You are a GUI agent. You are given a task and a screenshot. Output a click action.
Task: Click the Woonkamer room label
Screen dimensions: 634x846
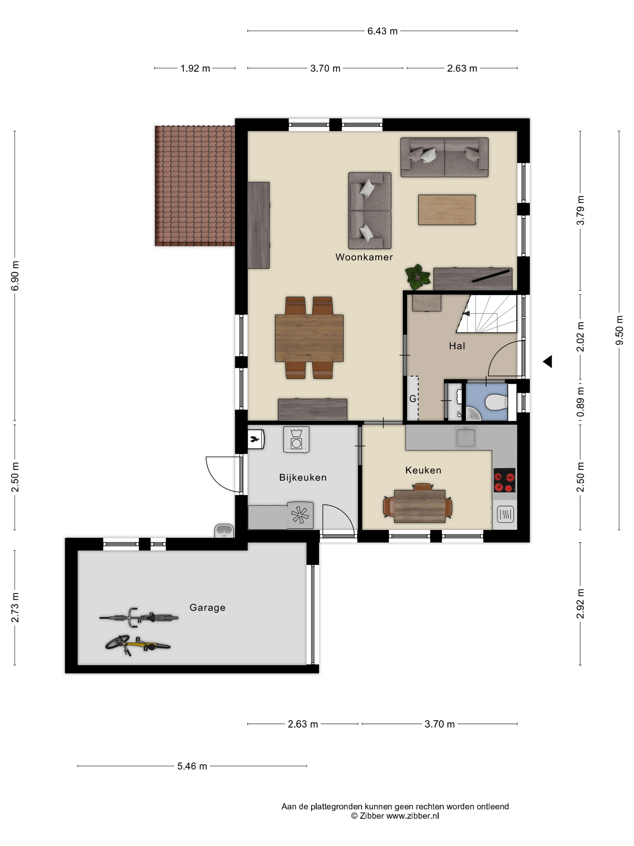coord(364,257)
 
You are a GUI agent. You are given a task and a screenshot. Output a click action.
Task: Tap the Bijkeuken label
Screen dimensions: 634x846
coord(303,477)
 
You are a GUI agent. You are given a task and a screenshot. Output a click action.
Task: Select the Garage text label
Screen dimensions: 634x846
coord(207,607)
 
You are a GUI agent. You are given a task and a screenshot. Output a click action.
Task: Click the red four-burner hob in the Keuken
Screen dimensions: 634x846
coord(504,480)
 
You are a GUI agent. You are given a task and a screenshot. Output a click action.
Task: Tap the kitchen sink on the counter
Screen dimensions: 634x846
coord(466,437)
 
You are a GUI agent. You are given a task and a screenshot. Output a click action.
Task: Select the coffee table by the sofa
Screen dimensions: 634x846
coord(447,210)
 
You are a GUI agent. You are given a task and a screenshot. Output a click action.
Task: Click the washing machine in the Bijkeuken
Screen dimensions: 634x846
coord(296,440)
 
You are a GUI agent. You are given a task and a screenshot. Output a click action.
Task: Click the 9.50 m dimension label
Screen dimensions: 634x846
coord(619,330)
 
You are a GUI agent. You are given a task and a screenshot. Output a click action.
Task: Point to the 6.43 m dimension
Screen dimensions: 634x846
coord(382,31)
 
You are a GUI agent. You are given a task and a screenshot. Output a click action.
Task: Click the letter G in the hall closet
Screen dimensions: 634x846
coord(413,399)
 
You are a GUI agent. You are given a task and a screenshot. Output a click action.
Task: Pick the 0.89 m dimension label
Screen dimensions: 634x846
coord(581,402)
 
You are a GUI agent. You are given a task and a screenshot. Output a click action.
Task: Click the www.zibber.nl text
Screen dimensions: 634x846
coord(412,816)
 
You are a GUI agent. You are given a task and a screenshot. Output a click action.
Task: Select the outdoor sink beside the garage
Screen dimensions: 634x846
coord(224,531)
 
